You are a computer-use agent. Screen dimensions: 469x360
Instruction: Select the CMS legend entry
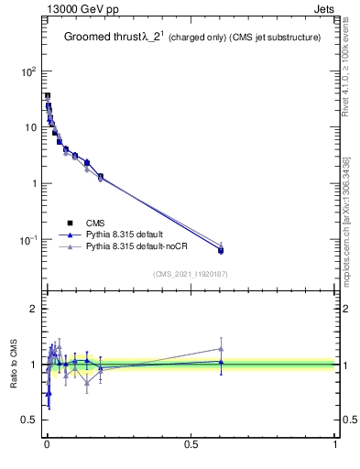coord(95,223)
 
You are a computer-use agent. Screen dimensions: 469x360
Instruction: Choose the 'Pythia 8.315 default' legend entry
coord(119,234)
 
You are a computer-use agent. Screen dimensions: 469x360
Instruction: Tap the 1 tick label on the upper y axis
coord(32,183)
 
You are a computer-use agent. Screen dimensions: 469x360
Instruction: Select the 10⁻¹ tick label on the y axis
coord(26,240)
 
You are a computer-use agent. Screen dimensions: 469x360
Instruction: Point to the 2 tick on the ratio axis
coord(32,309)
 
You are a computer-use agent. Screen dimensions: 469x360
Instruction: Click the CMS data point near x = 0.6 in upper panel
coord(221,250)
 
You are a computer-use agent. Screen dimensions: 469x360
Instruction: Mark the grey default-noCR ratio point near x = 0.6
coord(221,348)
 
